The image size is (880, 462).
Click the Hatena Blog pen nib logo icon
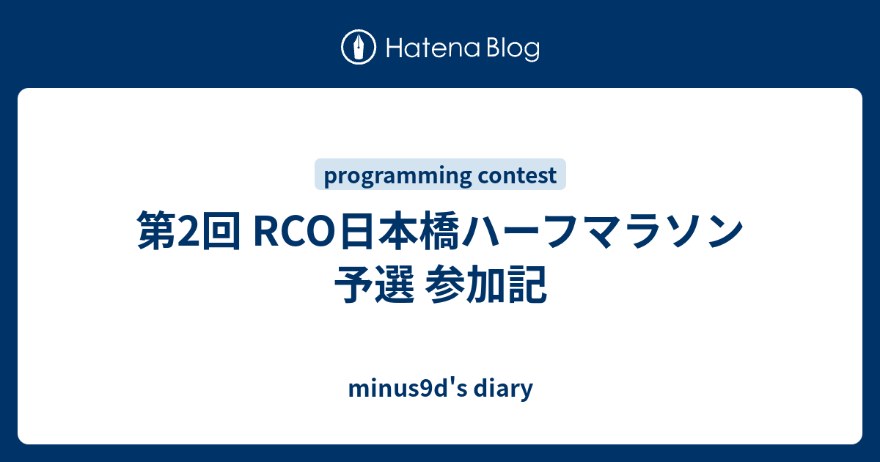click(x=359, y=48)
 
